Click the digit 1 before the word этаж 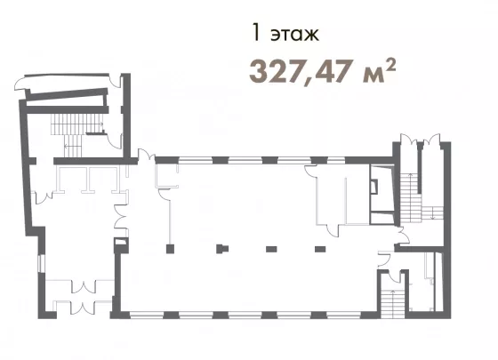pos(256,33)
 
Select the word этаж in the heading pos(294,35)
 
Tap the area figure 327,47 pos(301,71)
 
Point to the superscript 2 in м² pos(391,64)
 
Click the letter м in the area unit pos(373,76)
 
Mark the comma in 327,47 pos(309,82)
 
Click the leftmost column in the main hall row pos(170,249)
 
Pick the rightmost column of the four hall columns pos(320,249)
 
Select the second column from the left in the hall pos(222,249)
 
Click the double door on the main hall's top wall pos(147,155)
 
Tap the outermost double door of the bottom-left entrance pos(84,308)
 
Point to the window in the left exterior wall pos(39,263)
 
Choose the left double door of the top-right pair pos(409,139)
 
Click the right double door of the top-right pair pos(431,139)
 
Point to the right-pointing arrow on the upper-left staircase pos(95,124)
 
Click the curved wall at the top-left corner pos(20,84)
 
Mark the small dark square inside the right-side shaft pos(375,187)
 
